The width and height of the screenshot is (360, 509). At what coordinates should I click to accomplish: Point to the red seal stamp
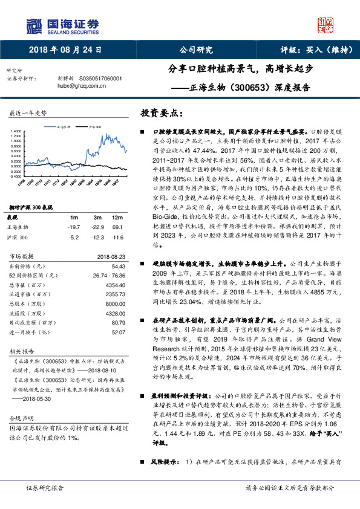(326, 25)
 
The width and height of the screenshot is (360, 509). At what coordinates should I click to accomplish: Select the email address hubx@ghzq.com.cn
(82, 86)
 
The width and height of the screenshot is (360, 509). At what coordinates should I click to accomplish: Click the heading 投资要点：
(160, 113)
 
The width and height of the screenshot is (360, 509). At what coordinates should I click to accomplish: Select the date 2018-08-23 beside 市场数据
(111, 256)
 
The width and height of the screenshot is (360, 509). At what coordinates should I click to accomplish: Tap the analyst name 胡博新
(65, 79)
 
